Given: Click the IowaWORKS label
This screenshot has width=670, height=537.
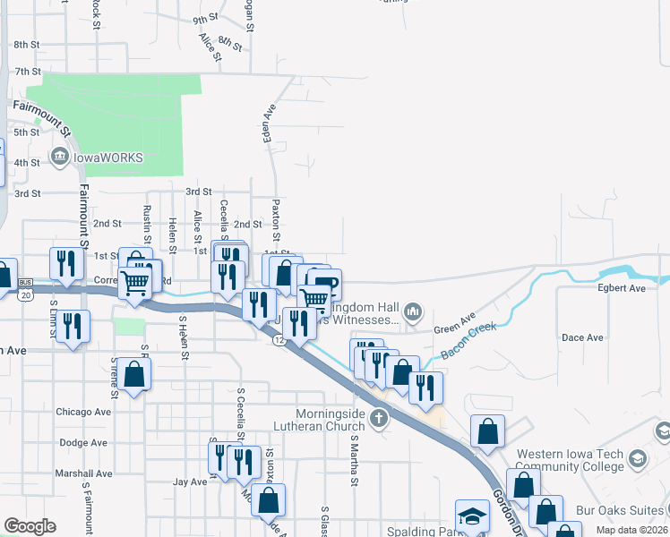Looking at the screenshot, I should point(107,158).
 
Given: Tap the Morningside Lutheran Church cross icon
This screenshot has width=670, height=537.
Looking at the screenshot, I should point(379,418).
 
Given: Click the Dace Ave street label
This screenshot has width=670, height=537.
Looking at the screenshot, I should point(582,337).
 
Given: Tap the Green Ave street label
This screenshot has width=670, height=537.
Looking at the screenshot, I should point(454,323).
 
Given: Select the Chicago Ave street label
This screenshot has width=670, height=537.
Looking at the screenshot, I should point(83,412).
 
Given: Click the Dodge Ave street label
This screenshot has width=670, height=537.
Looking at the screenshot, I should point(83,442).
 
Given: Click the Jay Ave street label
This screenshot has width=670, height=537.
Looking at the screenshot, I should point(189,482).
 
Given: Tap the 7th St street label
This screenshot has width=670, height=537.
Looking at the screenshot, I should point(28,71).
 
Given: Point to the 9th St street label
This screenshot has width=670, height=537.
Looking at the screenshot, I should point(205,19).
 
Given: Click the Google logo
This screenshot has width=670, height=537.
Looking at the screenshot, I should point(30,526).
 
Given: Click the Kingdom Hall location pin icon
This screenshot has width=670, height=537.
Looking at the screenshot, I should point(413,311).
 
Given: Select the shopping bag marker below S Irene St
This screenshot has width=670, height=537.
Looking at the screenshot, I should point(133,374).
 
